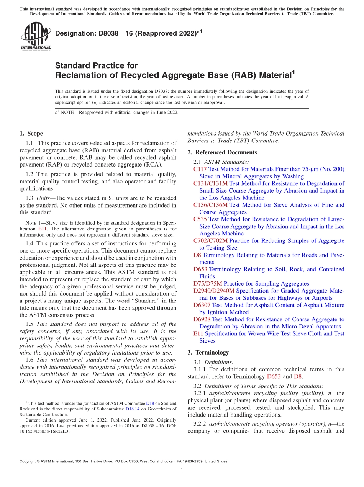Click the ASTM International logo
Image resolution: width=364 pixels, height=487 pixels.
coord(35,36)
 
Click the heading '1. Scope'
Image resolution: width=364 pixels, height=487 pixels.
coord(31,134)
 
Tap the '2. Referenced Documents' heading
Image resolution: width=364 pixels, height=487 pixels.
coord(222,152)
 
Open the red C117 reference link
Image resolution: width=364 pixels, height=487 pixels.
coord(200,169)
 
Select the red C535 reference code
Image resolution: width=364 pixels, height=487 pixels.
coord(200,219)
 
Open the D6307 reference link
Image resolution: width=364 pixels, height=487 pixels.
coord(202,305)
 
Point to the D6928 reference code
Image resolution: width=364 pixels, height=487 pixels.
coord(202,319)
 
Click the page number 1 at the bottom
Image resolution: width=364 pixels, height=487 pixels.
coord(182,471)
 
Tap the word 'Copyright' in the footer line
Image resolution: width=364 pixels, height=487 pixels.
coord(28,461)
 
